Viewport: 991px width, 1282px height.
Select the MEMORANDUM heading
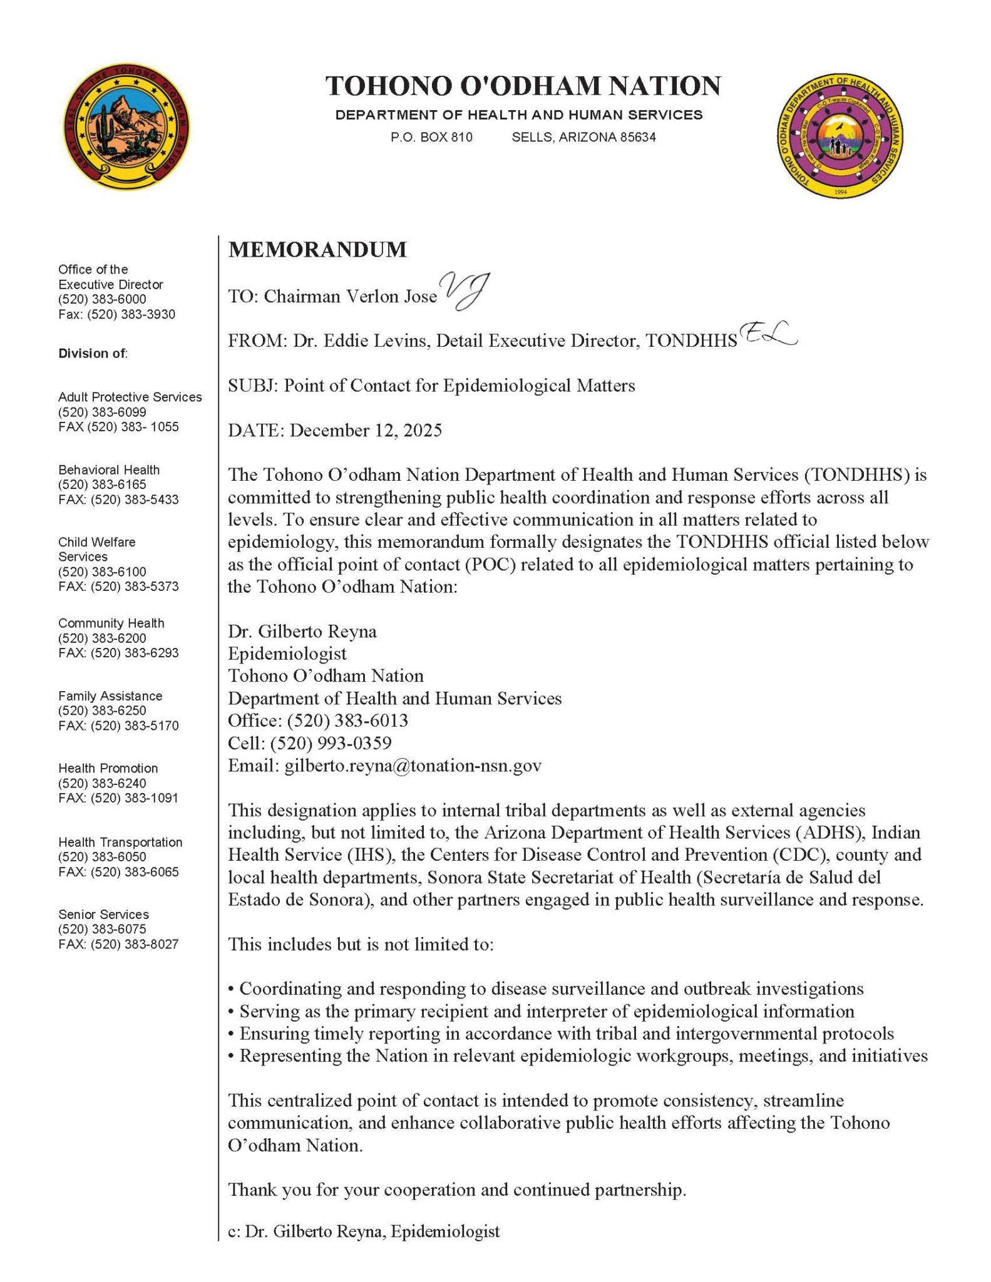[317, 250]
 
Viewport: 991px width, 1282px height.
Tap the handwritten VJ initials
[465, 290]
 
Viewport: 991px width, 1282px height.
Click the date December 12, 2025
[366, 431]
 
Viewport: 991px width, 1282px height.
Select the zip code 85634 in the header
[638, 137]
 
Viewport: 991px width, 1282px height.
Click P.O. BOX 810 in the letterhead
[432, 137]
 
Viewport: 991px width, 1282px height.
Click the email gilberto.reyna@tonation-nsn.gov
[413, 766]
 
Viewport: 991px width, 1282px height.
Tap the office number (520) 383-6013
[347, 720]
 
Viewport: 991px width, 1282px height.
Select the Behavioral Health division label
[109, 469]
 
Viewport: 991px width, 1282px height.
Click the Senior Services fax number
[135, 944]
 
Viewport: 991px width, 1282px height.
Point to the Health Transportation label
[120, 842]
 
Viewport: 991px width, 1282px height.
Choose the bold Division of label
[93, 353]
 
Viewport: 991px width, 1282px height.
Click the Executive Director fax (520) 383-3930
[133, 314]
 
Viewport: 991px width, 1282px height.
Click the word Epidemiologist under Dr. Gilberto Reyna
[287, 654]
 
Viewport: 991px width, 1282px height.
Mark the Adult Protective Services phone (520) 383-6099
[102, 412]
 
